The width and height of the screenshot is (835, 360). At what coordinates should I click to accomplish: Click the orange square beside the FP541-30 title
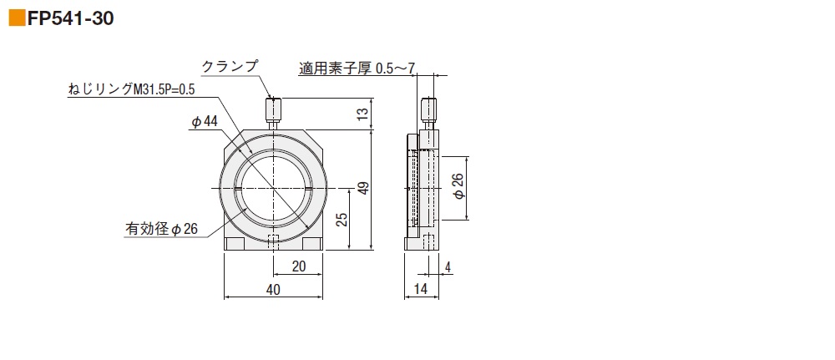coord(16,18)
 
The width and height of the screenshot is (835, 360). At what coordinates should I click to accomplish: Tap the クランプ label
coord(230,66)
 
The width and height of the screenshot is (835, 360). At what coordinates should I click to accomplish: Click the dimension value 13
coord(362,114)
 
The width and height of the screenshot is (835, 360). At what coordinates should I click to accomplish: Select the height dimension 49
coord(362,190)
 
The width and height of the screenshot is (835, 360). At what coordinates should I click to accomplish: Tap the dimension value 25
coord(340,219)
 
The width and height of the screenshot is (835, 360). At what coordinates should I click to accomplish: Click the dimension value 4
coord(448,266)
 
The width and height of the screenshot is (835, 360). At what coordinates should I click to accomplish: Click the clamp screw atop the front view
coord(274,110)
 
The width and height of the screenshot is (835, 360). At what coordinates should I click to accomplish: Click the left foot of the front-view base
coord(235,244)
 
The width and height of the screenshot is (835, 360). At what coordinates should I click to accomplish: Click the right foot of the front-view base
coord(312,244)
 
